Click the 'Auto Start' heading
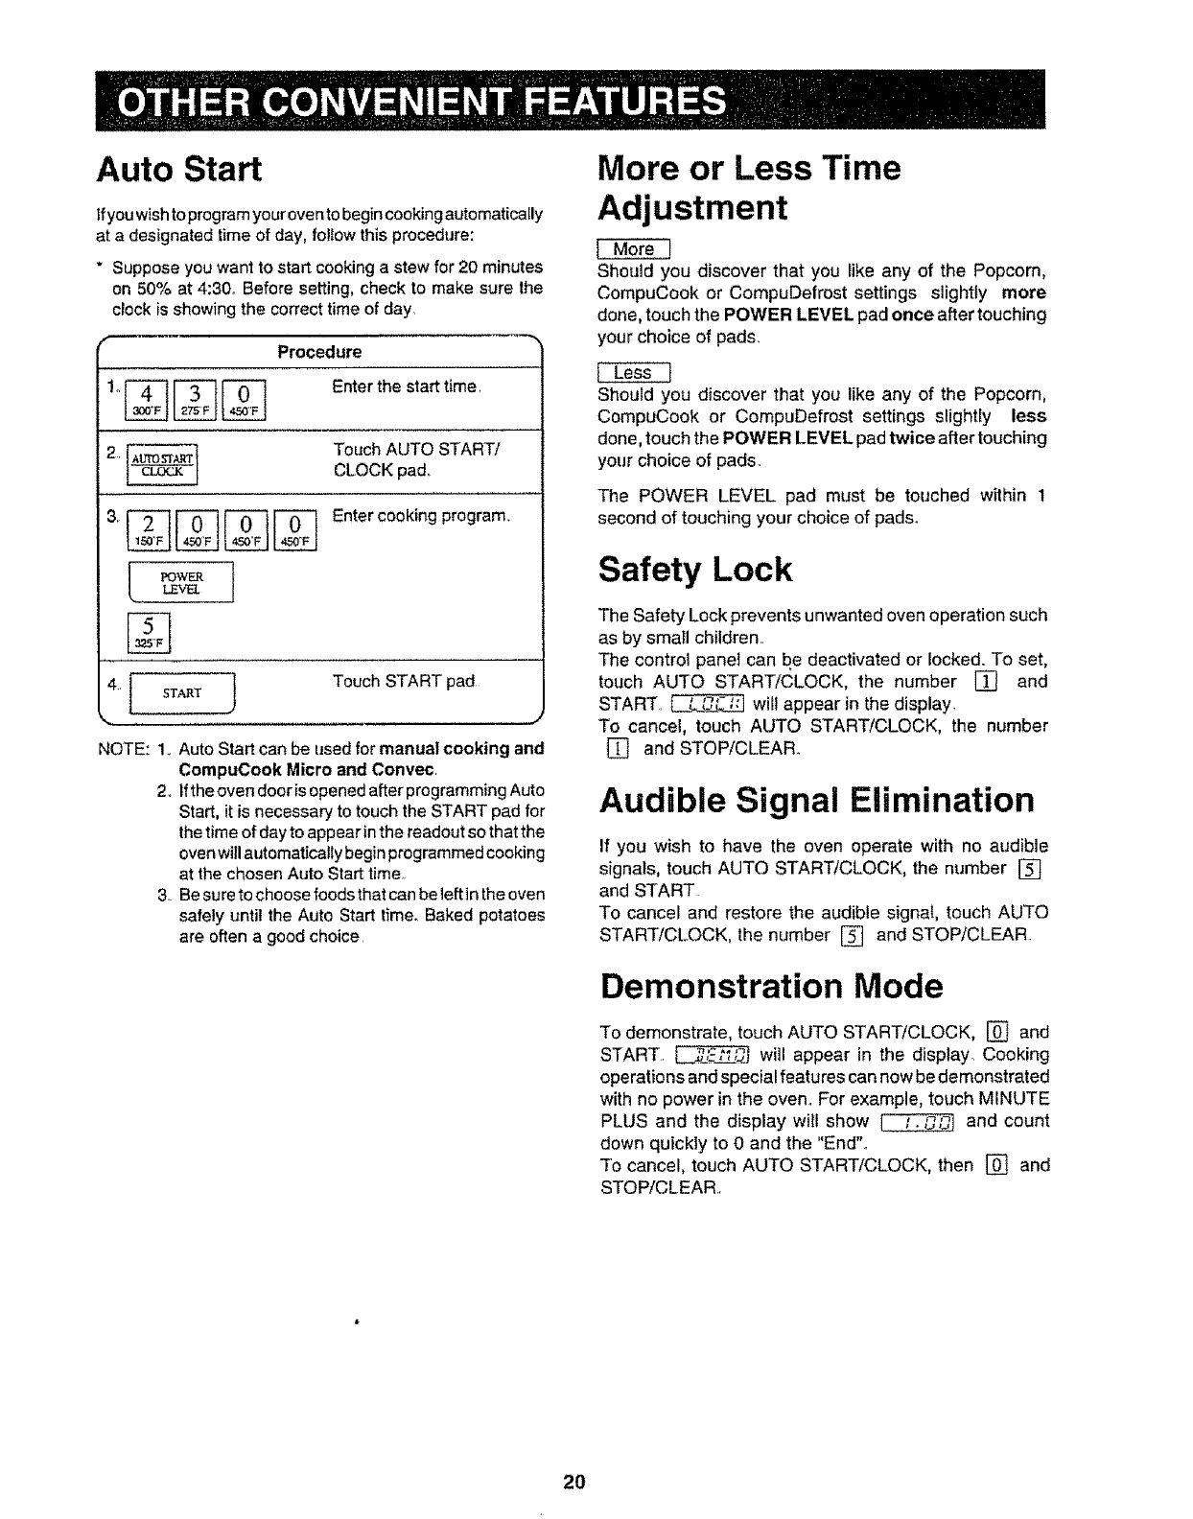(178, 169)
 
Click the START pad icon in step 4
(181, 692)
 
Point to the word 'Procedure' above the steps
(319, 352)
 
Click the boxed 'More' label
(634, 249)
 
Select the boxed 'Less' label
(633, 373)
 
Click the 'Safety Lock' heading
(695, 570)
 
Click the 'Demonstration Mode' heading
(771, 986)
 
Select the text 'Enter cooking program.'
(420, 517)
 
